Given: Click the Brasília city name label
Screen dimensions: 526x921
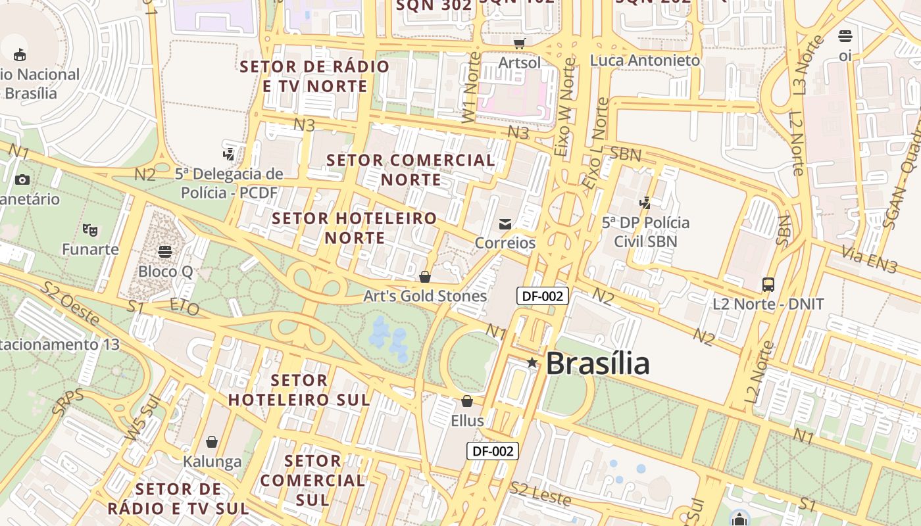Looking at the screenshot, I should [597, 364].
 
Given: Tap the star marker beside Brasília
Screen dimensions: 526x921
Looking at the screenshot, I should [532, 362].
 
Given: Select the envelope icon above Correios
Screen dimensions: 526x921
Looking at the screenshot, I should [505, 224].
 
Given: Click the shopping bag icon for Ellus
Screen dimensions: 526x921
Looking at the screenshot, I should [467, 401].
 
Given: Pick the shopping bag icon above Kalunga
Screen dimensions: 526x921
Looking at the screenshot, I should [212, 442].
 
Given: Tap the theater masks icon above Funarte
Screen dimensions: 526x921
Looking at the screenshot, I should [90, 229].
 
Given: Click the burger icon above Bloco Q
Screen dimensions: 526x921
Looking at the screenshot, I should [165, 252].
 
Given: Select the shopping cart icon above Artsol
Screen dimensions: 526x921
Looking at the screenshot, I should [520, 43].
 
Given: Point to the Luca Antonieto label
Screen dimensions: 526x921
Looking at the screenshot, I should [645, 60].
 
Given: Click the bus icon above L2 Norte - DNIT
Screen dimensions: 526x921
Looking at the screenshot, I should [768, 285].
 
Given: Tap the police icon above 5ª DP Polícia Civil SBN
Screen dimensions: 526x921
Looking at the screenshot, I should [645, 203].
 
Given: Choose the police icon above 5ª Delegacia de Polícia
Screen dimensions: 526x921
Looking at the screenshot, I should [228, 155].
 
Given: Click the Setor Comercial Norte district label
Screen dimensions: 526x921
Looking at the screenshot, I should [411, 170].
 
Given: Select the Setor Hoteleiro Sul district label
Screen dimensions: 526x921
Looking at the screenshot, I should [299, 390].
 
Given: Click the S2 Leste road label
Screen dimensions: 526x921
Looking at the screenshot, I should [540, 493].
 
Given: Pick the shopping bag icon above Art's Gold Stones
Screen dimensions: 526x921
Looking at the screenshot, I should [425, 277].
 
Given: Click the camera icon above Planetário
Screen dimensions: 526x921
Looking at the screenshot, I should [22, 179].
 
